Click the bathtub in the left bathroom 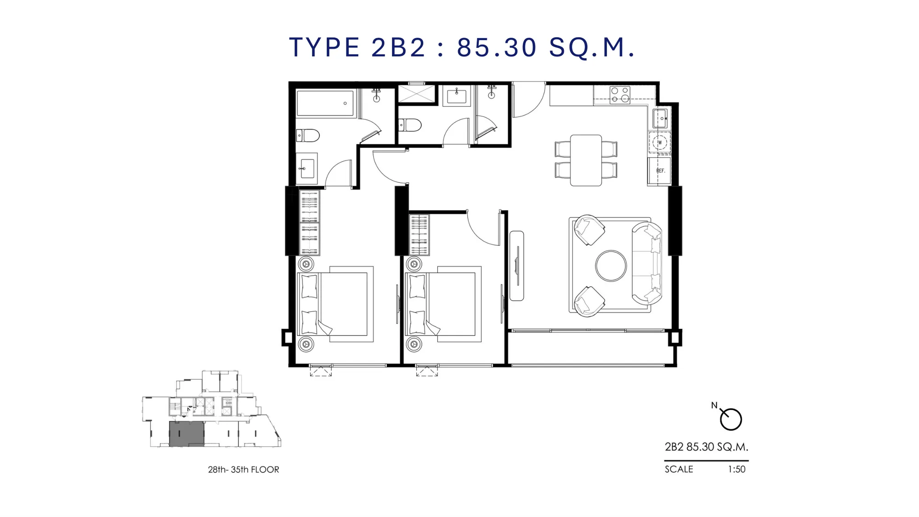click(x=326, y=103)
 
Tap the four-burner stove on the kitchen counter click(x=620, y=95)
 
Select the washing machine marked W click(x=660, y=142)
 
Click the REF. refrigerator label click(x=661, y=171)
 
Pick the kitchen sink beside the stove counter click(x=660, y=119)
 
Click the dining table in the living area click(x=586, y=160)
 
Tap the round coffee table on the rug click(x=611, y=266)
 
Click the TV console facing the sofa click(x=517, y=266)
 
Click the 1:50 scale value click(x=737, y=469)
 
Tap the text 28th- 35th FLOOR click(x=244, y=470)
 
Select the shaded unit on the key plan click(x=187, y=434)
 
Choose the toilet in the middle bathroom click(x=410, y=125)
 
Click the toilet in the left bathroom click(x=308, y=136)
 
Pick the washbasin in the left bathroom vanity click(x=307, y=169)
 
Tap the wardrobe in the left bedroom click(x=309, y=223)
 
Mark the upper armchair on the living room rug click(x=589, y=230)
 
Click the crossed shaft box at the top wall click(x=416, y=94)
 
